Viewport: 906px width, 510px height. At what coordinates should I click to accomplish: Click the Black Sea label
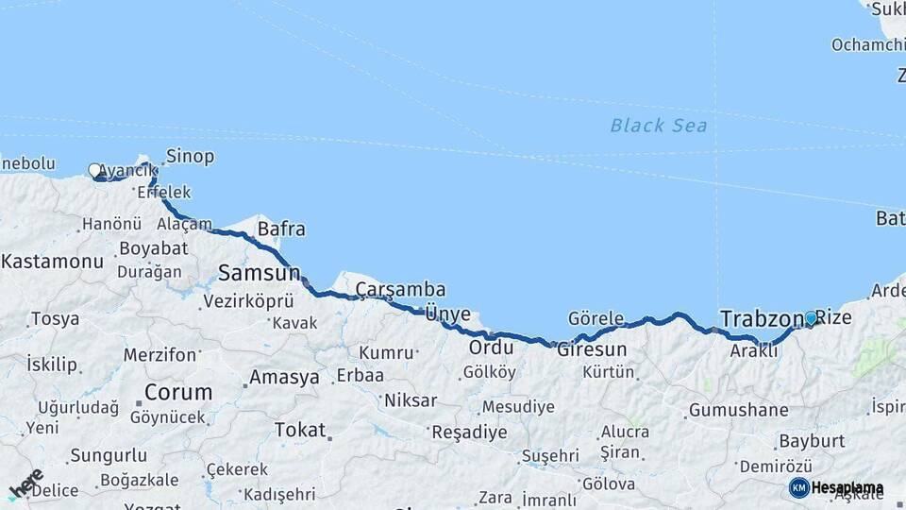[658, 126]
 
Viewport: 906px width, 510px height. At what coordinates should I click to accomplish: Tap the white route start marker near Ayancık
[94, 171]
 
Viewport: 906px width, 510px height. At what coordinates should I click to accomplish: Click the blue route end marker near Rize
[810, 318]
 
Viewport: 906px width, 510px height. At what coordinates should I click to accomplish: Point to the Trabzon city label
[761, 319]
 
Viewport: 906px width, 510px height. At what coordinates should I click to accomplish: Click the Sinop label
[190, 157]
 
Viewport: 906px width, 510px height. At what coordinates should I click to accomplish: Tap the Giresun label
[592, 349]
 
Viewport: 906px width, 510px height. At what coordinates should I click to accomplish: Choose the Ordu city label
[491, 348]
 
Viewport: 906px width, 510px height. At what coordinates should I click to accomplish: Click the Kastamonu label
[52, 262]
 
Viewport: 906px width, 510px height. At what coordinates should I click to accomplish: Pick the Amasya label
[283, 378]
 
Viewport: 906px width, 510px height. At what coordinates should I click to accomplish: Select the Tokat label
[299, 430]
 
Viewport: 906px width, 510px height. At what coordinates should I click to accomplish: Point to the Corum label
[177, 392]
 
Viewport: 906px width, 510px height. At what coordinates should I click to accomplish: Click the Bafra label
[281, 229]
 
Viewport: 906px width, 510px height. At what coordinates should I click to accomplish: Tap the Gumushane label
[738, 410]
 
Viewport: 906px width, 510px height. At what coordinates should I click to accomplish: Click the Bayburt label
[811, 441]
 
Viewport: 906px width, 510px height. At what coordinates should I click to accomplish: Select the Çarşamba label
[401, 290]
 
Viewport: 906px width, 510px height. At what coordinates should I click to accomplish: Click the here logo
[26, 484]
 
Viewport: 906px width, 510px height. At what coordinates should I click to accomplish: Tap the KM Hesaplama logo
[836, 488]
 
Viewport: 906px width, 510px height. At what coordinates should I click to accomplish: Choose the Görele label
[596, 318]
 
